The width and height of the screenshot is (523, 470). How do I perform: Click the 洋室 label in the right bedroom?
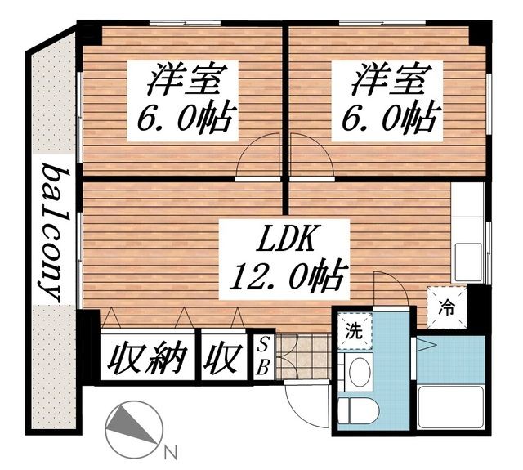[x=391, y=82]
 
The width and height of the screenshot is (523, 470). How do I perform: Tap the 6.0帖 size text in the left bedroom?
[x=186, y=120]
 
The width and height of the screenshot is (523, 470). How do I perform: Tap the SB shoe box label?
[x=263, y=356]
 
